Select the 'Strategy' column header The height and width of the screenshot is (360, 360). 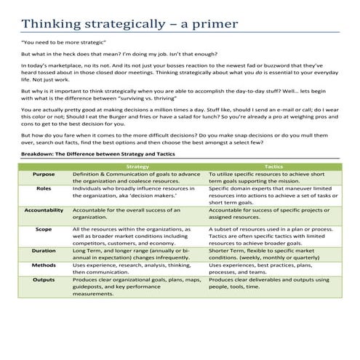click(x=137, y=166)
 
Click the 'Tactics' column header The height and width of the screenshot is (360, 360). click(x=274, y=166)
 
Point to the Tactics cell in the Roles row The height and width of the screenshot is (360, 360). click(x=273, y=196)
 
